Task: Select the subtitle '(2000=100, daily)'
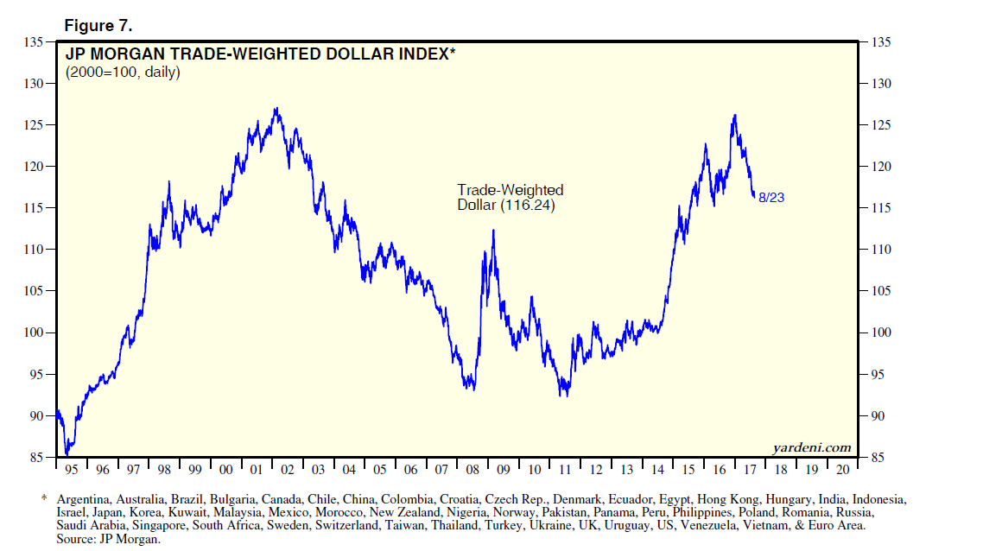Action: pyautogui.click(x=123, y=73)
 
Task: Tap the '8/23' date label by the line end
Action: pyautogui.click(x=771, y=198)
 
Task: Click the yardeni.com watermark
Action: pyautogui.click(x=811, y=446)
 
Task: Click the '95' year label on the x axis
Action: pyautogui.click(x=71, y=470)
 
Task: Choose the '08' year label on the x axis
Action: pyautogui.click(x=472, y=470)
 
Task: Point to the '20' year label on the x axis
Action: pyautogui.click(x=841, y=470)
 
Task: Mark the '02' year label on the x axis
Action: pyautogui.click(x=287, y=470)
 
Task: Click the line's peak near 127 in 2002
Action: pyautogui.click(x=276, y=109)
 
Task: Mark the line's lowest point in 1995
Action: pyautogui.click(x=67, y=454)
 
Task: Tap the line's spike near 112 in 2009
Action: pyautogui.click(x=493, y=231)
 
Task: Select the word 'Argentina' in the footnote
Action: pyautogui.click(x=84, y=499)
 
